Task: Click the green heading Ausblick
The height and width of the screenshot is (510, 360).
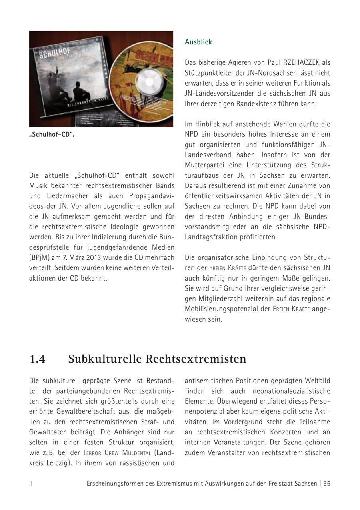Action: pos(198,42)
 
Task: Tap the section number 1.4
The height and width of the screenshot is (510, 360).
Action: pos(38,359)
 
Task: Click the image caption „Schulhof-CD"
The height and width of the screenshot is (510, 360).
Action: pos(52,135)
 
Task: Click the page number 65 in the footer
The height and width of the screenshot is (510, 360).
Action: pos(327,483)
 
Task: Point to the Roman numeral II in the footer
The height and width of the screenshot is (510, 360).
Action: pos(31,483)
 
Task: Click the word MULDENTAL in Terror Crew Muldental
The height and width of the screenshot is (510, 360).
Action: pos(137,453)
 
